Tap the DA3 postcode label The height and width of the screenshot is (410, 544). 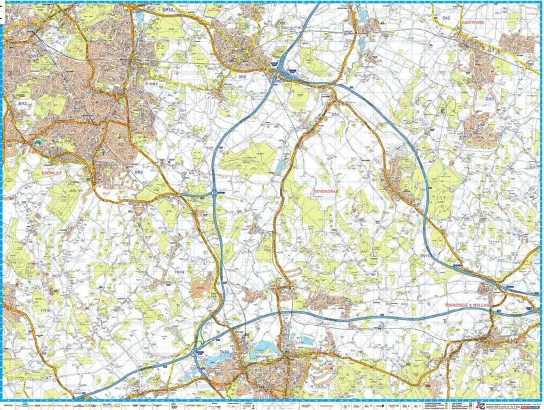point(488,100)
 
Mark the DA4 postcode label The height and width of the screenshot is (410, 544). point(335,115)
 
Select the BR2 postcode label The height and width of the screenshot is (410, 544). point(22,103)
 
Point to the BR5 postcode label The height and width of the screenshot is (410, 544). point(154,83)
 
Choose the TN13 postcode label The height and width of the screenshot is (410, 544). point(224,352)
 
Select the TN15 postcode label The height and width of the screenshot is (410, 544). point(424,255)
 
